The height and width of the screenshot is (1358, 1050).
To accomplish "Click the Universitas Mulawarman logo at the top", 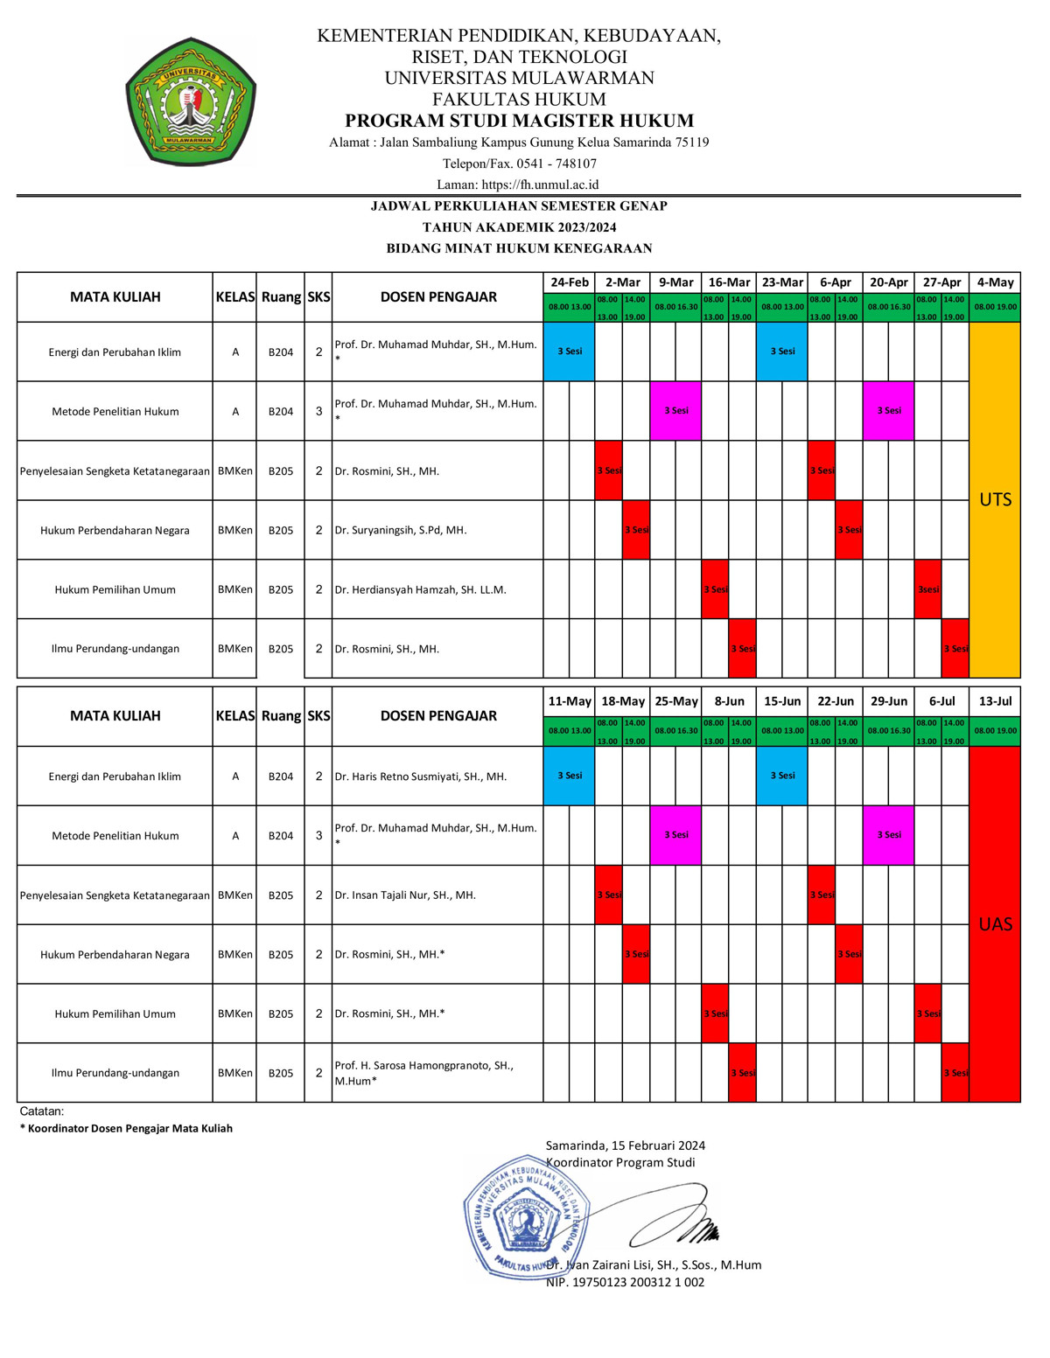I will coord(191,102).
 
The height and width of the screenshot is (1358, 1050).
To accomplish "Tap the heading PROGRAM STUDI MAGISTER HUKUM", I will coord(519,121).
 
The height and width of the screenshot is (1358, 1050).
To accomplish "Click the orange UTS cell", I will coord(995,499).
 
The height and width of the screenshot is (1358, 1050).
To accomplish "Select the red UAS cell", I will coord(995,924).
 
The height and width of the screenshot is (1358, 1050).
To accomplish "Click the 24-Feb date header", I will coord(570,282).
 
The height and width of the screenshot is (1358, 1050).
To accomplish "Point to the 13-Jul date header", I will coord(995,701).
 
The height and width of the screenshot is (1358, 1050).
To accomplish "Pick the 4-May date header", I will coord(995,282).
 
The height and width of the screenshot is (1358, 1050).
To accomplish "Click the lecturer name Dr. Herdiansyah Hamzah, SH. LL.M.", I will coord(421,589).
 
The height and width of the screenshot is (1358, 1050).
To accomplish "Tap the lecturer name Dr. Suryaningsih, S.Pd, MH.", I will coord(401,530).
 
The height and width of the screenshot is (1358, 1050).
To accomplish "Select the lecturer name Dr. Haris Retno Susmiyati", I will coord(421,776).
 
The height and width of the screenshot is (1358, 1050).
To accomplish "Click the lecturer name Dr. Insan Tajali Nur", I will coord(405,895).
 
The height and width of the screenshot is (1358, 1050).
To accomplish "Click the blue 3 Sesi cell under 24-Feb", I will coord(570,352).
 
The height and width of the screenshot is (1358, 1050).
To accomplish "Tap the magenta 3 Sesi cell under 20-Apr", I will coord(889,410).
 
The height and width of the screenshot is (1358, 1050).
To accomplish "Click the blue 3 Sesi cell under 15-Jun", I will coord(782,776).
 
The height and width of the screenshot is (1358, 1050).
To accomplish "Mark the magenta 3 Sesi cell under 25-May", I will coord(675,835).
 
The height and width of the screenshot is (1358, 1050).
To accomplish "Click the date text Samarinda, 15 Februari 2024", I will coord(625,1146).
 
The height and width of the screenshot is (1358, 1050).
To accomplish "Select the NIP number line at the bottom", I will coord(625,1282).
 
